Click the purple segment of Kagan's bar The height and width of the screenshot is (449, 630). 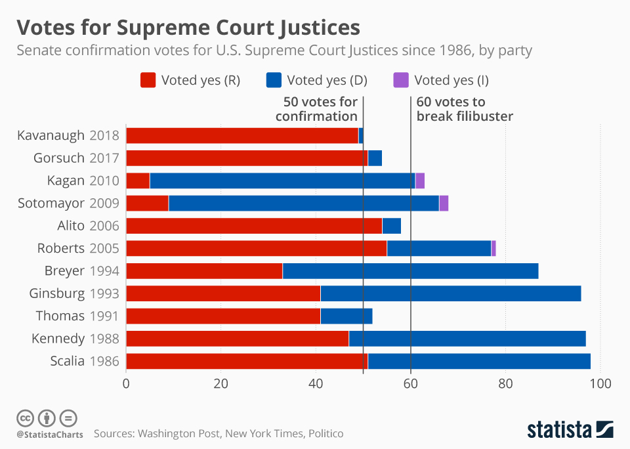click(x=420, y=181)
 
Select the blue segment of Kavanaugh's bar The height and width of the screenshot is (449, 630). click(x=361, y=135)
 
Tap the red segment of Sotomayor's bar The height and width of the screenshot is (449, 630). click(x=148, y=203)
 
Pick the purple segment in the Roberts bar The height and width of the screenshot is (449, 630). click(x=493, y=248)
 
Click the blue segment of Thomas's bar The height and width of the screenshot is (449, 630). click(x=346, y=316)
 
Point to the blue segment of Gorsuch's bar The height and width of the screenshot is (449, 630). click(x=375, y=158)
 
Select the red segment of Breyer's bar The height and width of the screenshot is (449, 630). click(x=205, y=271)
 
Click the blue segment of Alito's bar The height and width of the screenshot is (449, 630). click(x=392, y=226)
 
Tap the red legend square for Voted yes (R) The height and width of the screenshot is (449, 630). click(x=148, y=80)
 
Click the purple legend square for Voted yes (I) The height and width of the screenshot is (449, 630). click(x=401, y=80)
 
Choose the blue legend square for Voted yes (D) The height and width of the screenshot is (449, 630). click(x=274, y=80)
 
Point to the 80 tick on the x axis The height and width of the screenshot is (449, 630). click(x=505, y=383)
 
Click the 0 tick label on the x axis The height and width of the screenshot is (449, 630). click(x=126, y=383)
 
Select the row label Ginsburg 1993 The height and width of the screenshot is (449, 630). click(x=74, y=293)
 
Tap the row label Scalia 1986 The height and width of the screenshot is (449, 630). click(x=85, y=361)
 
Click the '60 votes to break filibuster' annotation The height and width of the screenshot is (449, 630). click(x=465, y=109)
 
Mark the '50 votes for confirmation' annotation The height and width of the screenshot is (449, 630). click(x=316, y=109)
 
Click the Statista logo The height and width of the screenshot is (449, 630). click(x=570, y=429)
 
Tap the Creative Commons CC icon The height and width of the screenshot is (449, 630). click(x=25, y=418)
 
